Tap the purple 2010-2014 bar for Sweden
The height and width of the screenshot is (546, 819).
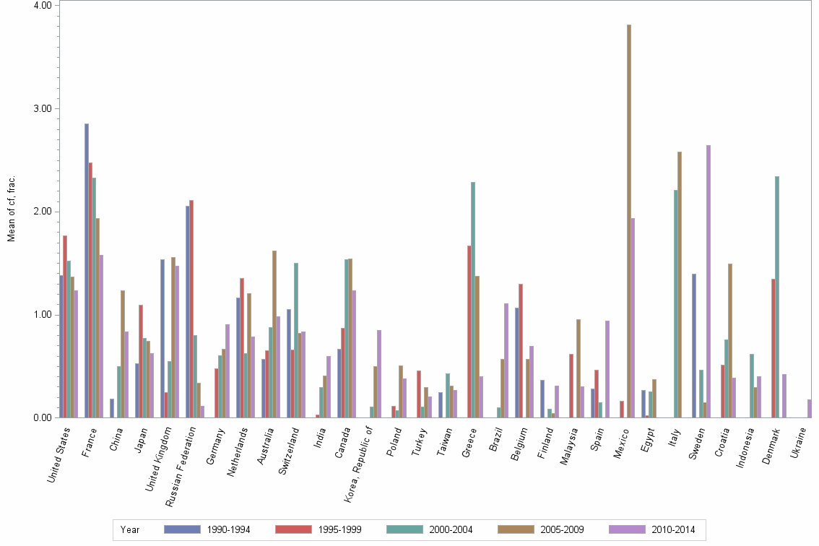click(708, 282)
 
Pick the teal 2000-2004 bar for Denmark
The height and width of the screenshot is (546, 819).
click(777, 297)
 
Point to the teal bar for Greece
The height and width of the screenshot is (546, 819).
click(473, 300)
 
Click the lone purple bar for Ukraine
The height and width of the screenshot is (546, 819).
click(810, 409)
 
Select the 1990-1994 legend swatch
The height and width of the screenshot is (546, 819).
click(182, 529)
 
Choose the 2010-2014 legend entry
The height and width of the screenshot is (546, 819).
click(672, 529)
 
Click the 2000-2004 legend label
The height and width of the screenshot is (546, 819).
click(450, 529)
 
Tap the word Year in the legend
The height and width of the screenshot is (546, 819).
click(130, 529)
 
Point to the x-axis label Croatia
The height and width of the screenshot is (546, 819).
click(722, 442)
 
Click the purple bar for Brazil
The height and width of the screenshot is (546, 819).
click(506, 360)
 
